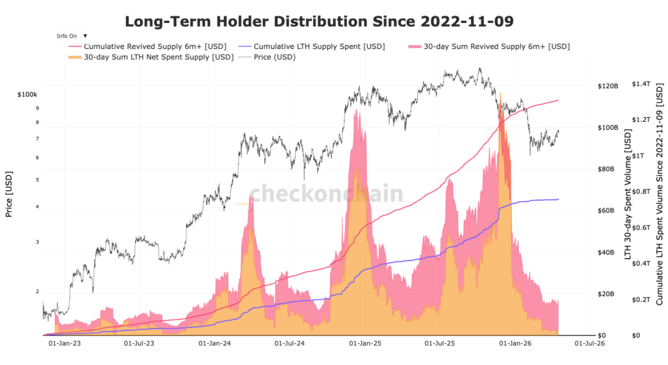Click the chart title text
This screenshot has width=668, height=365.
pos(319,21)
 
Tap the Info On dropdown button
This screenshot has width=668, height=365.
pos(71,36)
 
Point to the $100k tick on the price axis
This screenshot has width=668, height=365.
pos(28,95)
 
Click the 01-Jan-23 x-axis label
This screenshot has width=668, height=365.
pos(65,342)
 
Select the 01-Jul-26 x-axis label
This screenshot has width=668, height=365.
pos(590,342)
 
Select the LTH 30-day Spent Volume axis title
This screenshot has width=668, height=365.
pos(628,196)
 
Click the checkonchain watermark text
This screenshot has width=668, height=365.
pos(326,194)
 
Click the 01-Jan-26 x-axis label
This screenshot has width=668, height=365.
pos(514,342)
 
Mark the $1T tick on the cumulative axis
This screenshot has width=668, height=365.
pos(643,156)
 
